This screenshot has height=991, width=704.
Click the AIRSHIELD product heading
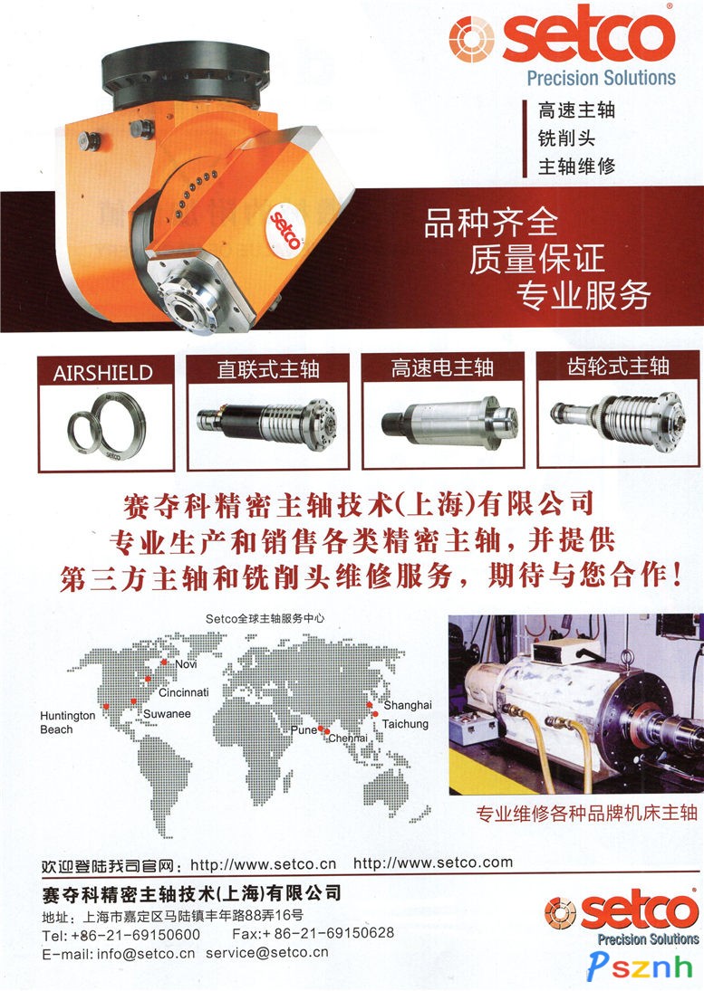coord(102,373)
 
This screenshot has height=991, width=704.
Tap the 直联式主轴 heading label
coord(267,369)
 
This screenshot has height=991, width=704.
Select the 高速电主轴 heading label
coord(442,367)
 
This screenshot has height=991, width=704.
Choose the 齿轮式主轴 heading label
coord(618,366)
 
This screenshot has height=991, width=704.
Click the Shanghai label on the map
coord(408,705)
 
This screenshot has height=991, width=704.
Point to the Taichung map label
coord(405,724)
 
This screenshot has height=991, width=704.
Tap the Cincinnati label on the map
coord(183,692)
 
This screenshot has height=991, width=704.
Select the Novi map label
coord(186,663)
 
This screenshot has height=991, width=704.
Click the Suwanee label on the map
coord(167,713)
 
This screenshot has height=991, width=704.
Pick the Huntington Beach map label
coord(67,722)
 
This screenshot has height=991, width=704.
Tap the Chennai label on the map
coord(348,738)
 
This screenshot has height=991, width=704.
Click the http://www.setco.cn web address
coord(263,864)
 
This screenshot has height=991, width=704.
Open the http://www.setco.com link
coord(433,862)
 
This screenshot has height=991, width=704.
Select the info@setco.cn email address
coord(146,954)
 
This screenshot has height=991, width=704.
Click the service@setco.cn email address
coord(267,952)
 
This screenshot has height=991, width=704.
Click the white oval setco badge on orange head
coord(284,230)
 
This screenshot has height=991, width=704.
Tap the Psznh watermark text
coord(640,967)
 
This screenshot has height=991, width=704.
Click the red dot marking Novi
coord(164,662)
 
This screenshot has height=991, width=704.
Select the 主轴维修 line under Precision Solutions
coord(576,166)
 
